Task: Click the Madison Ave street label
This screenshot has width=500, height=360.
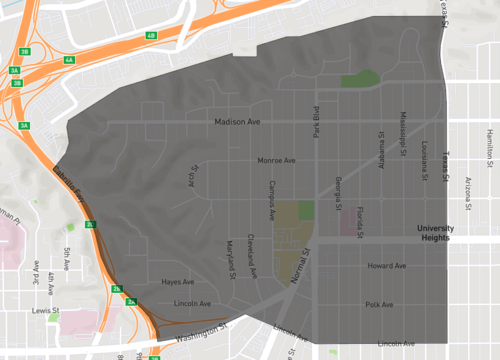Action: tap(237, 122)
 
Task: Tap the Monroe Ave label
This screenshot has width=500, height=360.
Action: tap(276, 160)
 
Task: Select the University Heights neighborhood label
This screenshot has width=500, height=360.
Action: tap(436, 233)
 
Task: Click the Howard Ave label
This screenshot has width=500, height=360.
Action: tap(386, 266)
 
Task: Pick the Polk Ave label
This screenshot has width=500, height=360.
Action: tap(380, 304)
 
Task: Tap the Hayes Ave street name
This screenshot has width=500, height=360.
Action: tap(177, 282)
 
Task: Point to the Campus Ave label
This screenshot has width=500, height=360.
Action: tap(272, 200)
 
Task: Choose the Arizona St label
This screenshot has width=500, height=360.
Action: tap(468, 189)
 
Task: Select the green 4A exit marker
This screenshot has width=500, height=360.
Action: tap(69, 61)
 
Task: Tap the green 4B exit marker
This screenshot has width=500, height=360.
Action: tap(151, 36)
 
